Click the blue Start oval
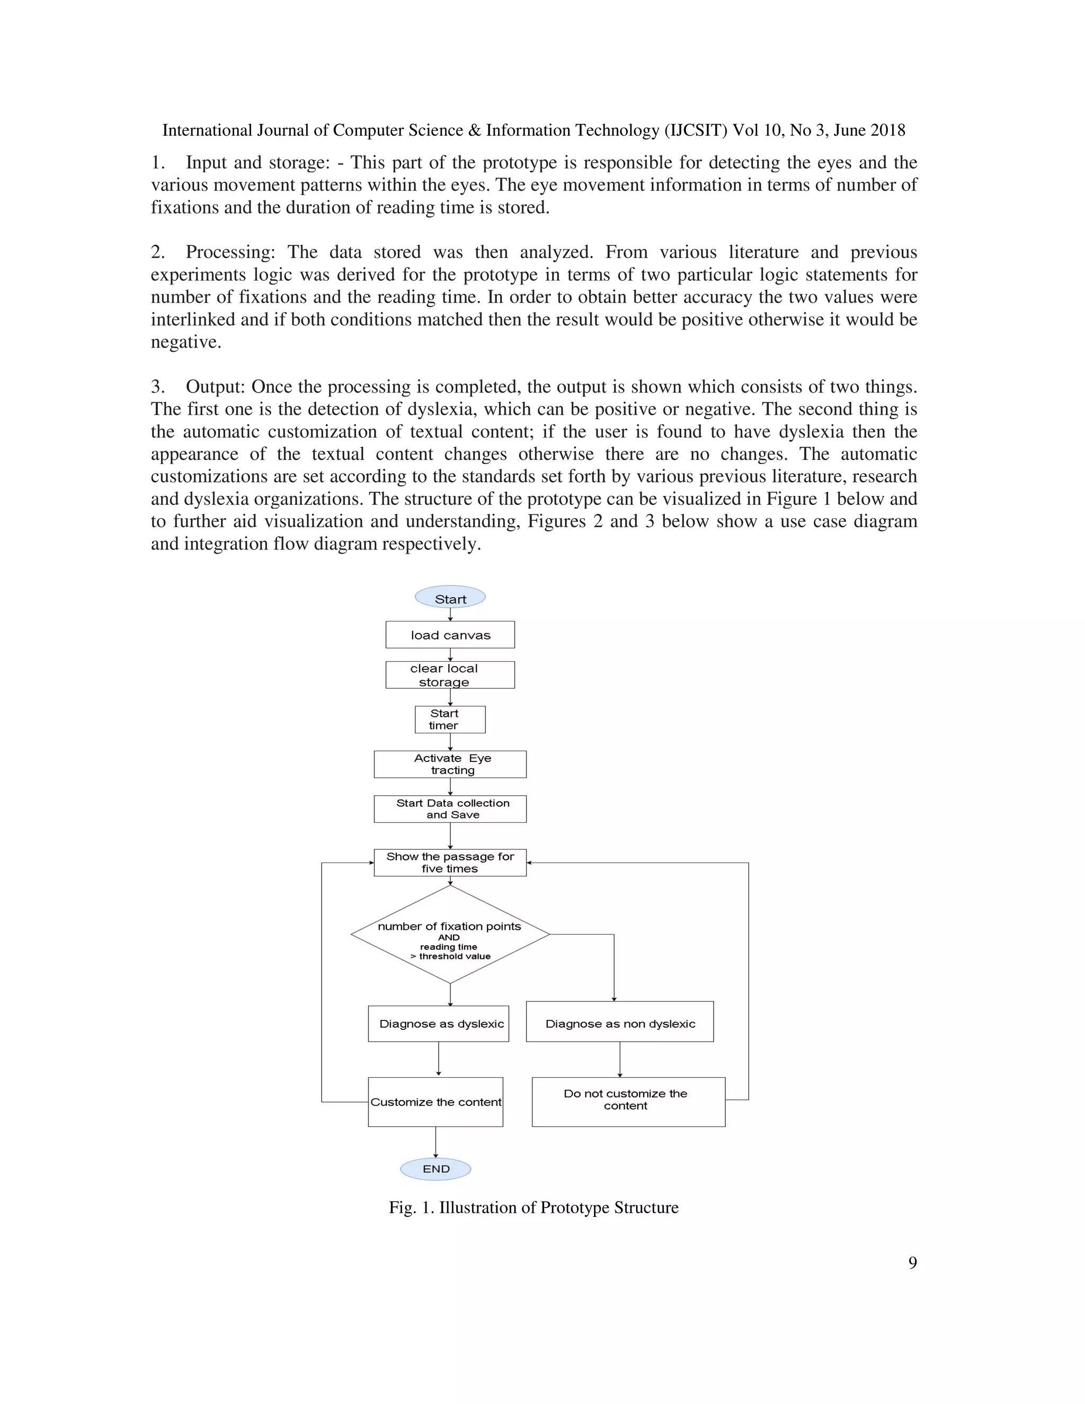point(450,598)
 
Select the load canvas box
point(450,635)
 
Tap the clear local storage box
point(450,675)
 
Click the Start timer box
point(450,719)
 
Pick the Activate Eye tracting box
point(450,765)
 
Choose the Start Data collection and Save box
point(450,808)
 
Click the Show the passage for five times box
point(450,863)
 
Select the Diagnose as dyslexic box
point(438,1024)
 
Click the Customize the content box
point(435,1102)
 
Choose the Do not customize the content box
point(628,1102)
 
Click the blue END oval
point(436,1169)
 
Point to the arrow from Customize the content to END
point(436,1142)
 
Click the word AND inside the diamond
point(449,937)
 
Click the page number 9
point(912,1263)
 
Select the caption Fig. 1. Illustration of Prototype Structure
point(533,1207)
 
